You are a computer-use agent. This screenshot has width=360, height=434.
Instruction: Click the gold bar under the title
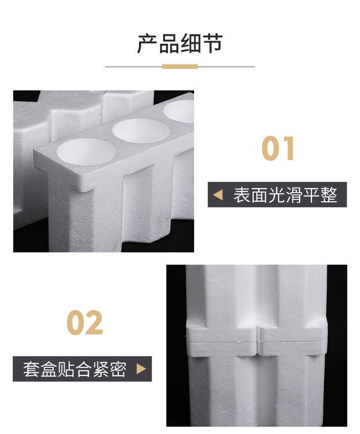[180, 67]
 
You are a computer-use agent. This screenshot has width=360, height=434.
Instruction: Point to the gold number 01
[278, 149]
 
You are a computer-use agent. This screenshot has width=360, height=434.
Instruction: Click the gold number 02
[85, 323]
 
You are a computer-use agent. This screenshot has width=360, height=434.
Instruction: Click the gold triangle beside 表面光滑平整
[218, 195]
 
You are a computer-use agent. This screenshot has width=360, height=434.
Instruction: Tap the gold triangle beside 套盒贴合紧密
[141, 369]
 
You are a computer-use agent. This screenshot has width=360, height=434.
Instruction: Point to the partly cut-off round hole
[181, 110]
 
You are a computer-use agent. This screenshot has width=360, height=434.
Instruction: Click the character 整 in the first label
[329, 195]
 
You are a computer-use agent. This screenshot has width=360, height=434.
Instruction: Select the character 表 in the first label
[242, 195]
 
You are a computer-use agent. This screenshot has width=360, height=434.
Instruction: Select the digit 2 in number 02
[94, 323]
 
